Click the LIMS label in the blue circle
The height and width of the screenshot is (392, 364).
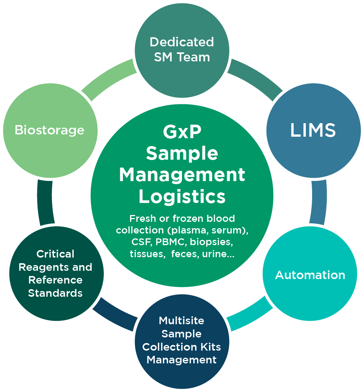[x=313, y=130]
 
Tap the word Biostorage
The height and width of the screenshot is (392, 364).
[x=49, y=130]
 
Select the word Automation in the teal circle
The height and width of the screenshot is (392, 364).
[x=310, y=275]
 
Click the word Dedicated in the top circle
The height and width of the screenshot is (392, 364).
[x=182, y=42]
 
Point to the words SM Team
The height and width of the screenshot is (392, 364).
[x=182, y=57]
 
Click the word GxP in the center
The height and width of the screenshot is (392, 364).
[x=182, y=132]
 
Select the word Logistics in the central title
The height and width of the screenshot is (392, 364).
[x=182, y=197]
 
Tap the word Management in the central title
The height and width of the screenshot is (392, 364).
[x=182, y=175]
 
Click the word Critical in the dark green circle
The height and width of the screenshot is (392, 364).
[x=55, y=254]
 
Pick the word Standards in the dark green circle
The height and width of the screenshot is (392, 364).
[x=55, y=293]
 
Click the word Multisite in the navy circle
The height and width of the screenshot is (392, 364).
[x=182, y=321]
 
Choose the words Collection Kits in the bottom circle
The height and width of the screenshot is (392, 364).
[x=182, y=347]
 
